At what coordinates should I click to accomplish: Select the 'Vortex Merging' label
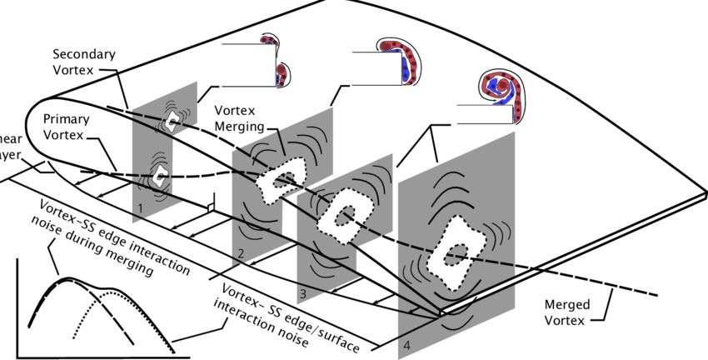tap(239, 118)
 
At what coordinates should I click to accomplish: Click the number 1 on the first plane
tap(142, 206)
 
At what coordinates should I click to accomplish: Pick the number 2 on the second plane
tap(239, 252)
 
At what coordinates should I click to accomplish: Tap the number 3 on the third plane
tap(304, 294)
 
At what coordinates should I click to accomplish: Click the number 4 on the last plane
tap(406, 343)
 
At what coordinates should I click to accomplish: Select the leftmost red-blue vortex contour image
tap(274, 60)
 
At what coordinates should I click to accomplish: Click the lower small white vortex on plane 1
tap(159, 175)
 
